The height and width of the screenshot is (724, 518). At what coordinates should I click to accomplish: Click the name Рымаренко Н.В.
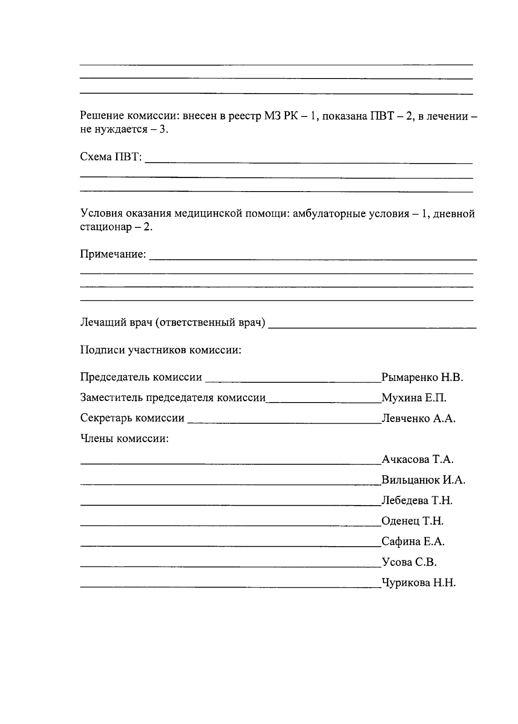point(422,378)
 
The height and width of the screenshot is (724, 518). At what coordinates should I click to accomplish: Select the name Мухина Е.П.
point(414,398)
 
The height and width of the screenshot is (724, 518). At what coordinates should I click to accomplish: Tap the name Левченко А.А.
point(418,419)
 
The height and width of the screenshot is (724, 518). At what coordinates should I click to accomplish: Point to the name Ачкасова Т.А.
point(417,459)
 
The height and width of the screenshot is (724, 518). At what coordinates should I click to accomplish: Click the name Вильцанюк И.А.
point(423,480)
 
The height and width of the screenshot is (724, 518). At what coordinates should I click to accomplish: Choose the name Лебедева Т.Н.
point(417,501)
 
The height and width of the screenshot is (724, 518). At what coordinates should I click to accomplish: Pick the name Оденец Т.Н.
point(412,521)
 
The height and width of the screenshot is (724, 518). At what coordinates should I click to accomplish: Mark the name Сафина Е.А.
point(413,541)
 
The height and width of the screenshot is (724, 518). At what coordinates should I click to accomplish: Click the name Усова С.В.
point(409,562)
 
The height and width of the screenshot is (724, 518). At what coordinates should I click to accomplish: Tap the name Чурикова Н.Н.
point(418,583)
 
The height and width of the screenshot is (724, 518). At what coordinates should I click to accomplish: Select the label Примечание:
point(113,254)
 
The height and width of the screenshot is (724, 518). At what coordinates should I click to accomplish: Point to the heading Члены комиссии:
point(124,439)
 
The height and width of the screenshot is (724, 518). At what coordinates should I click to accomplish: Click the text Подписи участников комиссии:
point(161,350)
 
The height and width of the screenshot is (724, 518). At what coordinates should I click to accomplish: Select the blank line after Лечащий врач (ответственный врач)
point(372,327)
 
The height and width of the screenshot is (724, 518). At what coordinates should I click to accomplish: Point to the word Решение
point(102,116)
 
